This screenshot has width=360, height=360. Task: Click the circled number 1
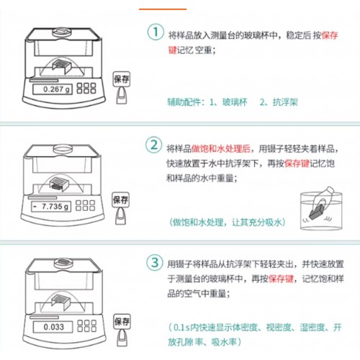(156, 32)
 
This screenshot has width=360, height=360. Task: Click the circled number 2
(153, 145)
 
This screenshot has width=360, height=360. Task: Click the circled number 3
(155, 262)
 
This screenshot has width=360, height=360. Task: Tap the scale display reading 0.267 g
(53, 89)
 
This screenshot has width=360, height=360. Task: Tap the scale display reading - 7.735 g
(51, 207)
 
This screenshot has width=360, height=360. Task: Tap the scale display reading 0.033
(53, 327)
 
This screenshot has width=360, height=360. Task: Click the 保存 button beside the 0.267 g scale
(122, 79)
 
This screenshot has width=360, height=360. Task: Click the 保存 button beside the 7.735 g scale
(120, 199)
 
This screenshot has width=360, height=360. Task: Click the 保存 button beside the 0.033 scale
(122, 321)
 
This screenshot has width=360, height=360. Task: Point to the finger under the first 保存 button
(122, 96)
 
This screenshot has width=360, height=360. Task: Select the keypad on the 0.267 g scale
(86, 88)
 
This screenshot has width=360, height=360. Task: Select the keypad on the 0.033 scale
(87, 325)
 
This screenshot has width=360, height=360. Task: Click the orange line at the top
(163, 9)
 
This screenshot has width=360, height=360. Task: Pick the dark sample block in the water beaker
(317, 212)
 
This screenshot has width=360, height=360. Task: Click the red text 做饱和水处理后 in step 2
(221, 148)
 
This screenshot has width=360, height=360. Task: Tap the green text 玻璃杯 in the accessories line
(235, 102)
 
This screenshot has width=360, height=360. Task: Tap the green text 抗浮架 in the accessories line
(285, 102)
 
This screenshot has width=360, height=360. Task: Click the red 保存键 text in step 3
(281, 279)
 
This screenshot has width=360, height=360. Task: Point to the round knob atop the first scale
(62, 32)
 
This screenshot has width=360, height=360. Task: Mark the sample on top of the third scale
(63, 261)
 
